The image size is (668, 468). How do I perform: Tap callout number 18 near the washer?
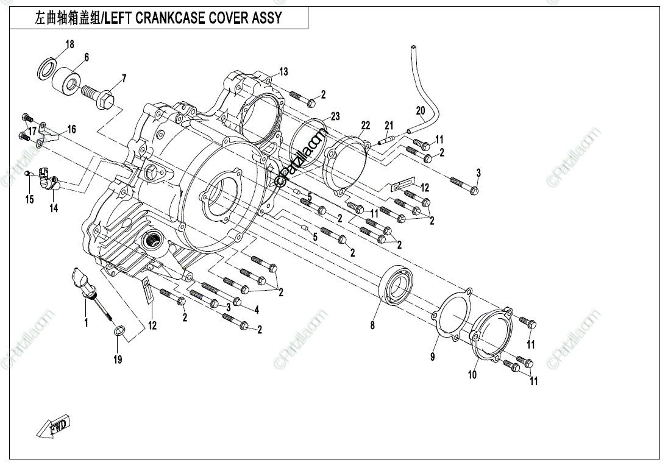pos(69,44)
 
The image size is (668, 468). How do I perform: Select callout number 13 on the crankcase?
pos(283,72)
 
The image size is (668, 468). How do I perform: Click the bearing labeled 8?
pos(397,285)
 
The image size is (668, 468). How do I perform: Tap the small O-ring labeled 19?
pos(120,331)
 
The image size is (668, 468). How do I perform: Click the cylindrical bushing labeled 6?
pos(66,80)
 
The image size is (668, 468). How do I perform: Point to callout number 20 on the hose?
pos(421,111)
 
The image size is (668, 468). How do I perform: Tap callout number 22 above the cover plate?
pos(365,126)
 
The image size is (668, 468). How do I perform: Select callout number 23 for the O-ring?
pos(335,116)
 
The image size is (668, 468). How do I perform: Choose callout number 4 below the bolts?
pos(257,310)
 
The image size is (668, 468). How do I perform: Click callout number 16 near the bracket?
pos(72,129)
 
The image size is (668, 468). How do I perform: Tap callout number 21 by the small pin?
pos(389,126)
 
